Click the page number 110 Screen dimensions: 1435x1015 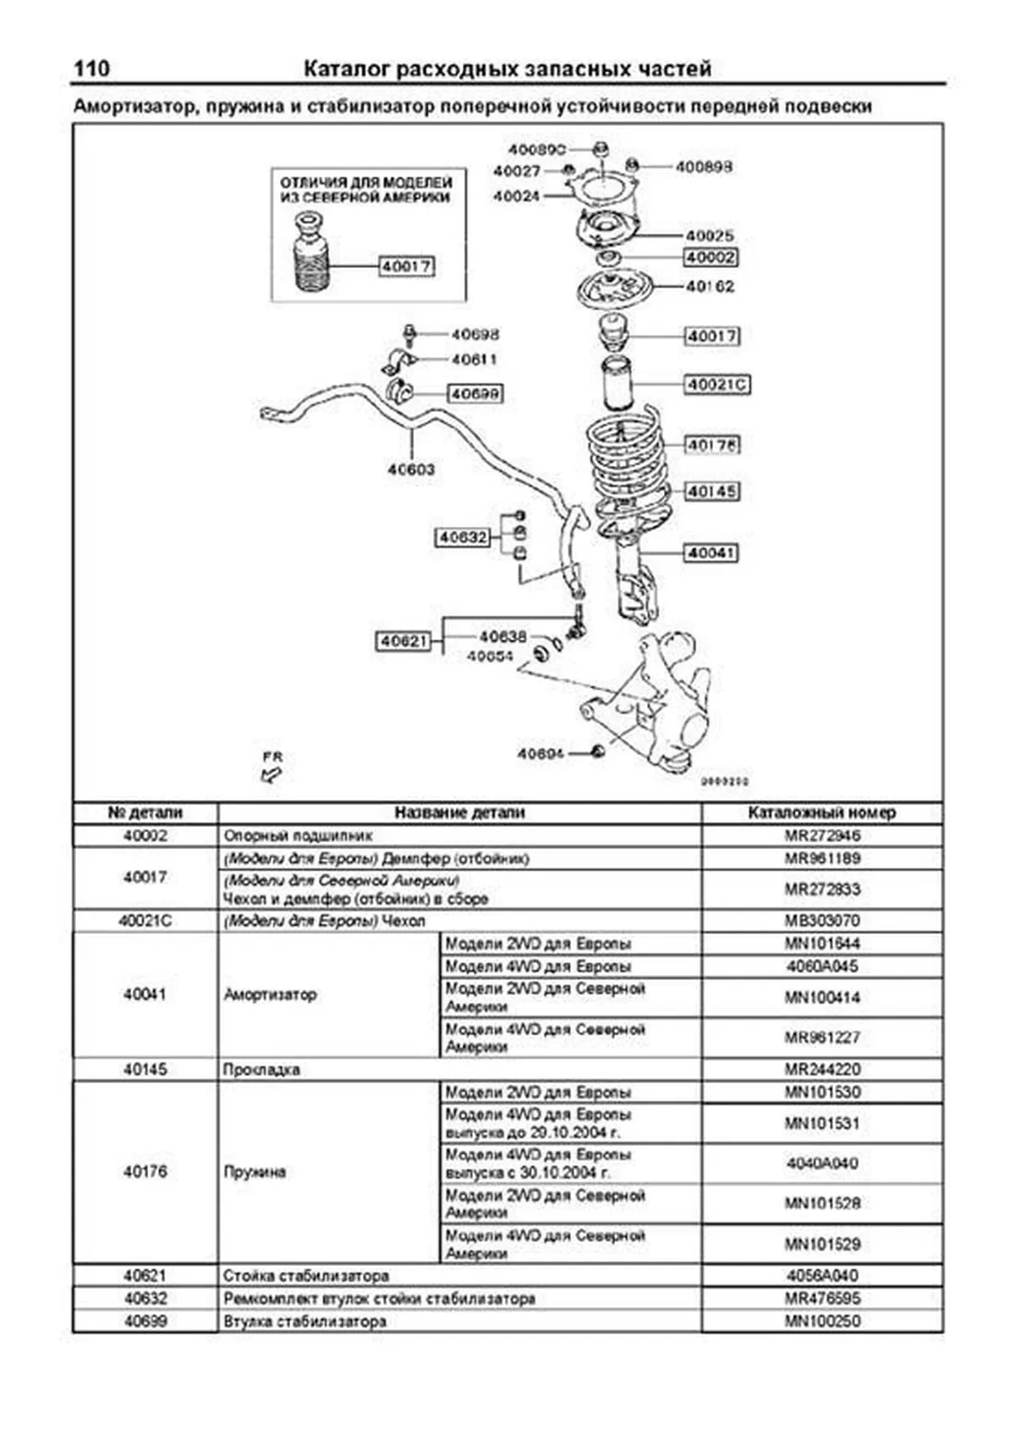(x=91, y=68)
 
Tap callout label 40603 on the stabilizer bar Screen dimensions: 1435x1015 (x=411, y=469)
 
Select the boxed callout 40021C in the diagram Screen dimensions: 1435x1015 (x=717, y=385)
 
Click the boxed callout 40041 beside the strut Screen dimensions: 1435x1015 (x=711, y=553)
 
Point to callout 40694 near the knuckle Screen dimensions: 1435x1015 (x=540, y=753)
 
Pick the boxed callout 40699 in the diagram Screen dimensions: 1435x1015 (x=475, y=394)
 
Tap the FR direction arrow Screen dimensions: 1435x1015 (x=272, y=770)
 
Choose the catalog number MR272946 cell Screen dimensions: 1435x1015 (x=822, y=835)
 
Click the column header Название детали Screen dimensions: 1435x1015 (x=459, y=813)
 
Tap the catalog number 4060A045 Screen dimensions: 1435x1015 (x=822, y=967)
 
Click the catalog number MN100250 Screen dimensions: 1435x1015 (x=822, y=1321)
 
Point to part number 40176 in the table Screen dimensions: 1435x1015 (x=145, y=1172)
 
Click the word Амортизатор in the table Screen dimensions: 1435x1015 (x=270, y=994)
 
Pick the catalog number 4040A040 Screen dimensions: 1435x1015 (x=822, y=1164)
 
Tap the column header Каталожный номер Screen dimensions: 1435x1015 (x=821, y=813)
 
